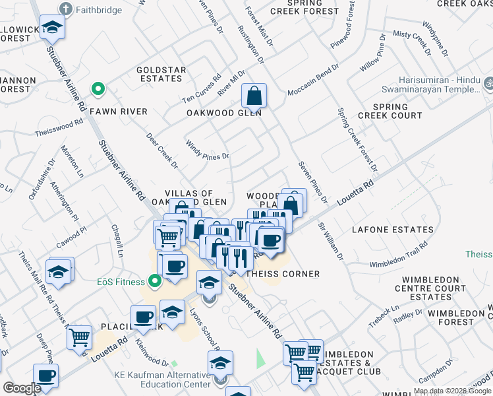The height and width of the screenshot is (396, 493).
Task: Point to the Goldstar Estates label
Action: (x=159, y=74)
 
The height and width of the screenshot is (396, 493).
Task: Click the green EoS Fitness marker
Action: (x=155, y=282)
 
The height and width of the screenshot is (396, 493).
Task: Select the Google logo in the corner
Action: (x=21, y=388)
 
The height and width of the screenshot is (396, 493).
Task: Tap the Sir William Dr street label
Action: (x=331, y=240)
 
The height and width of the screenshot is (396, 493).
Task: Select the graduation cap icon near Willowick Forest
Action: (x=51, y=28)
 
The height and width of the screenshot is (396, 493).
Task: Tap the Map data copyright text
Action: (x=451, y=390)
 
